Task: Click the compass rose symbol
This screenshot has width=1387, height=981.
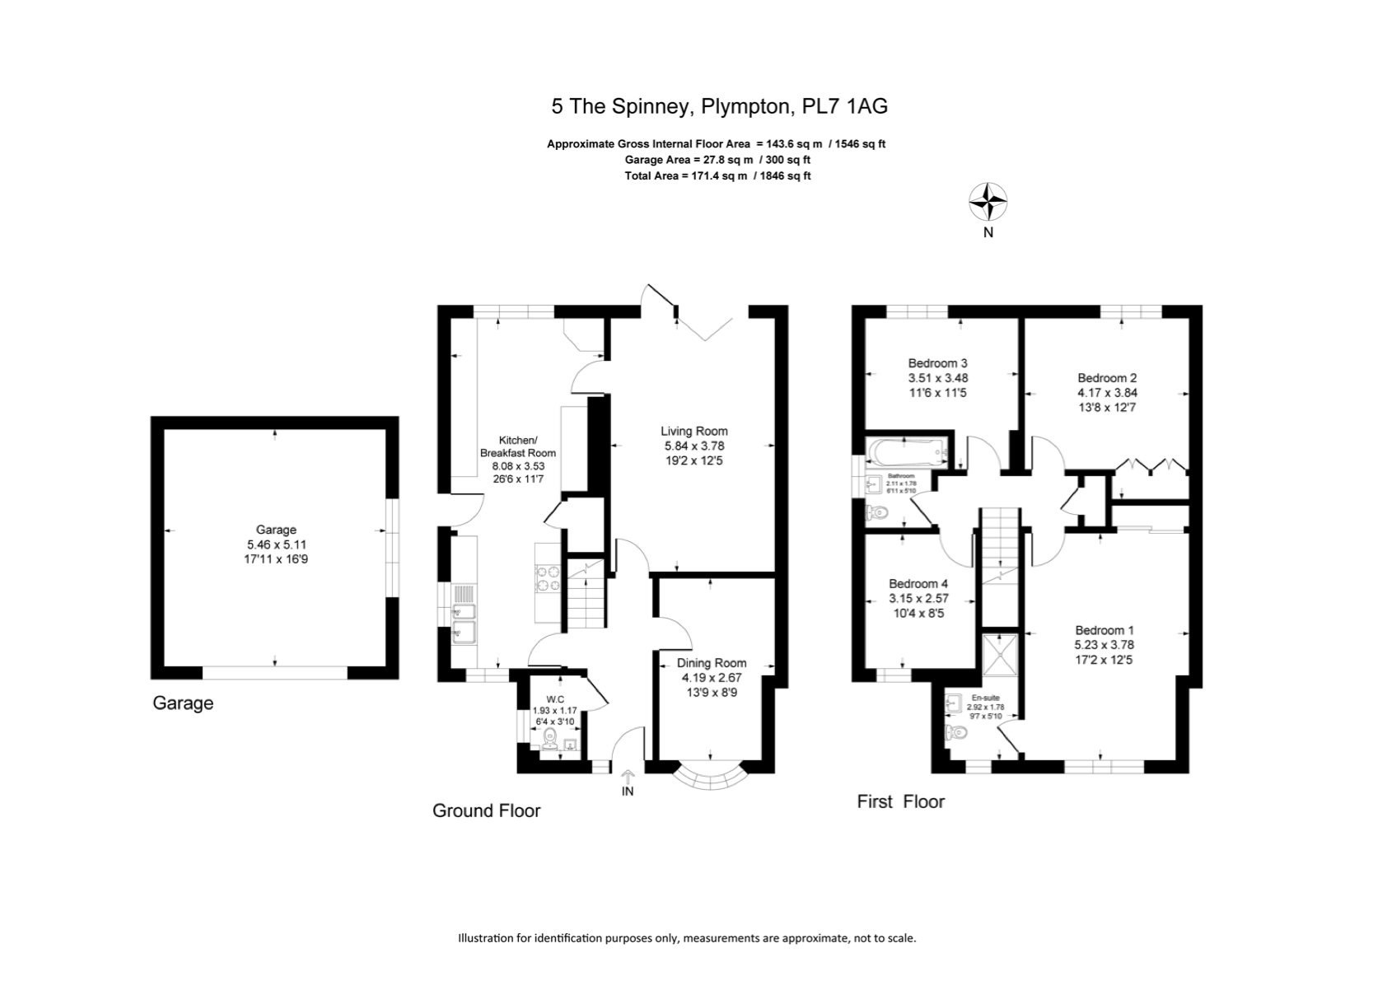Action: pyautogui.click(x=988, y=202)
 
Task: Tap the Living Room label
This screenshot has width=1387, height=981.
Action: pyautogui.click(x=693, y=431)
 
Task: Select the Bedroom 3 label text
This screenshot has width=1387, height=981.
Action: pyautogui.click(x=937, y=363)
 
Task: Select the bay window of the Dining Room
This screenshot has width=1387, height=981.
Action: pyautogui.click(x=710, y=777)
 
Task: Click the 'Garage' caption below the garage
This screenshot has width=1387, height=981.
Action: pyautogui.click(x=183, y=703)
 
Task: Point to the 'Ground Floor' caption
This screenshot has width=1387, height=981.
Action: pyautogui.click(x=486, y=810)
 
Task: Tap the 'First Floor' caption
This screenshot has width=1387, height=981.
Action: pyautogui.click(x=900, y=801)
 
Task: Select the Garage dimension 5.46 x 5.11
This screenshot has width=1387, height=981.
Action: pyautogui.click(x=275, y=544)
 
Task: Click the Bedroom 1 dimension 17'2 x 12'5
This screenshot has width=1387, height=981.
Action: pyautogui.click(x=1104, y=660)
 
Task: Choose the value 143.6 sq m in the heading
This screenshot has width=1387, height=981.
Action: pyautogui.click(x=789, y=143)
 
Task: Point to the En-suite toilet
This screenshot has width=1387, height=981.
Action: pyautogui.click(x=957, y=732)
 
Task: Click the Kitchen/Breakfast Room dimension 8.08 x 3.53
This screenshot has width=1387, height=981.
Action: pyautogui.click(x=518, y=465)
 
